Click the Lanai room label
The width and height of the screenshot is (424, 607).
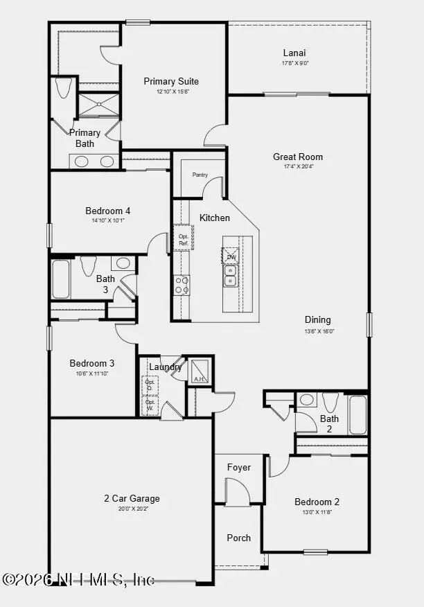tap(294, 53)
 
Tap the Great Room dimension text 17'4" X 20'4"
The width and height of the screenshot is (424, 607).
tap(298, 166)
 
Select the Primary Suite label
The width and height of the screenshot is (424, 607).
tap(171, 82)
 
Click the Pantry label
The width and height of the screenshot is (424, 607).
tap(200, 175)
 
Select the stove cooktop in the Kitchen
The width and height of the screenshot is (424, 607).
tap(182, 284)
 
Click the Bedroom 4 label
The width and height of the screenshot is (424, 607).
tap(108, 211)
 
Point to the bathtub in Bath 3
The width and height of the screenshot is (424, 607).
tap(61, 279)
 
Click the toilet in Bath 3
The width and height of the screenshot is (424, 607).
tap(88, 265)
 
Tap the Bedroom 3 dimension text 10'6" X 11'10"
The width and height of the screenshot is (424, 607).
tap(92, 373)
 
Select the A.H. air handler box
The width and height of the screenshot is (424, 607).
tap(200, 371)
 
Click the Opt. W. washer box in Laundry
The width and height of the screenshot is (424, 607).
tap(150, 405)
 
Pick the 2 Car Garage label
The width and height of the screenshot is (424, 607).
tap(132, 498)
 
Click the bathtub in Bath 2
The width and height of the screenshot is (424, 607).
tap(357, 414)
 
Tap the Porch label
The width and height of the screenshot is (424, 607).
tap(239, 538)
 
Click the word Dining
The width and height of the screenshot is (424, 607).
tap(317, 320)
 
